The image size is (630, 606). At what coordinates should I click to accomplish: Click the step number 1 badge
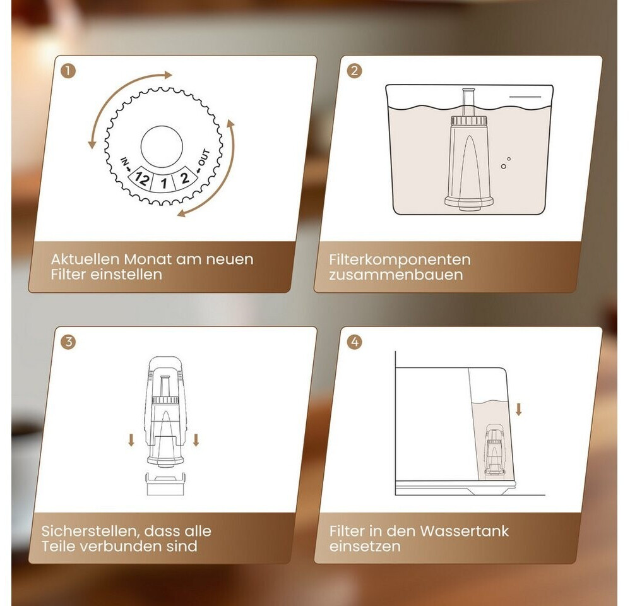(x=68, y=71)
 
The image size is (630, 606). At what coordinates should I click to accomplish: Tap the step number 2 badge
(x=354, y=71)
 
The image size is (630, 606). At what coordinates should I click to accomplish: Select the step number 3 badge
(x=68, y=342)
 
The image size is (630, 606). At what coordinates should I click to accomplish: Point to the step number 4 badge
(x=354, y=342)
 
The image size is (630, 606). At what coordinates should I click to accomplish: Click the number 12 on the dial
(x=141, y=177)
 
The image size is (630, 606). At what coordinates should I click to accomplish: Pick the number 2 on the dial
(x=184, y=177)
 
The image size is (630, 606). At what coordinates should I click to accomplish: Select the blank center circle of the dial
(x=162, y=146)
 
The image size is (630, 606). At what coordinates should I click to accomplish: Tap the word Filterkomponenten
(x=400, y=259)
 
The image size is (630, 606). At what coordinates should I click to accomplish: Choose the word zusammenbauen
(x=396, y=275)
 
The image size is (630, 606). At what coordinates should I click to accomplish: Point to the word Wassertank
(x=464, y=532)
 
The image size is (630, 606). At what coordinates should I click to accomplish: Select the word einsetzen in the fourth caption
(x=365, y=547)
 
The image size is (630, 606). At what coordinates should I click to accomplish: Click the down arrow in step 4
(x=519, y=409)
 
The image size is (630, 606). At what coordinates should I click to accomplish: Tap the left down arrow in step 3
(x=131, y=441)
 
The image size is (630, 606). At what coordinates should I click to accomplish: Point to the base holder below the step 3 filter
(x=165, y=484)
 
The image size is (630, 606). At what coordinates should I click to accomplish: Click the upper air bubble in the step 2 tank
(x=509, y=159)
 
